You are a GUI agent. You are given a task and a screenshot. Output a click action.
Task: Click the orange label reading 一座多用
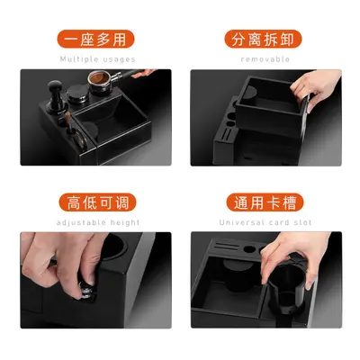click(x=95, y=39)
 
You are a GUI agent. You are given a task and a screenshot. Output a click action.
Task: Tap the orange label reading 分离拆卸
click(x=263, y=39)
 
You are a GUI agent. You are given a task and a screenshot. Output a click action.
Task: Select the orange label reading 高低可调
click(x=97, y=202)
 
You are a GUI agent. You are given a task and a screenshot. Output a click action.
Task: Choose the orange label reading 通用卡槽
click(x=265, y=202)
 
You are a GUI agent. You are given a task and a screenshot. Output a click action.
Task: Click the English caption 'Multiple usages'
click(x=98, y=59)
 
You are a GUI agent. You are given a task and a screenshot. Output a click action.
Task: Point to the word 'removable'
click(x=265, y=59)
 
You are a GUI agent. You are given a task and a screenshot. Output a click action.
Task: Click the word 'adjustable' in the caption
click(x=81, y=222)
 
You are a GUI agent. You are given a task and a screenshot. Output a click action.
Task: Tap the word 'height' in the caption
click(x=125, y=222)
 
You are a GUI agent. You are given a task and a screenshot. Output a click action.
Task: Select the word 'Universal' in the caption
click(x=242, y=222)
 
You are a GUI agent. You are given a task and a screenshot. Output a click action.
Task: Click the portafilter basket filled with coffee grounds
click(x=100, y=78)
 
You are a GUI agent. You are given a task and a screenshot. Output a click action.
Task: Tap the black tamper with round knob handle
click(x=56, y=96)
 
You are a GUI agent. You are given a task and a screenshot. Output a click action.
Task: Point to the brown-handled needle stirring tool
click(x=69, y=123)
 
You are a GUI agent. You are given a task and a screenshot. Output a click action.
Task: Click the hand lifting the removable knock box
click(x=315, y=88)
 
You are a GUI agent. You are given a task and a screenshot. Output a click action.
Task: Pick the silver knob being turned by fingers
click(x=85, y=290)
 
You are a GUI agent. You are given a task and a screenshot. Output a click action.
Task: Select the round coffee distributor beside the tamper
click(x=77, y=94)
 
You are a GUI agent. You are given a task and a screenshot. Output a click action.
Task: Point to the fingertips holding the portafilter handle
click(x=144, y=73)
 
